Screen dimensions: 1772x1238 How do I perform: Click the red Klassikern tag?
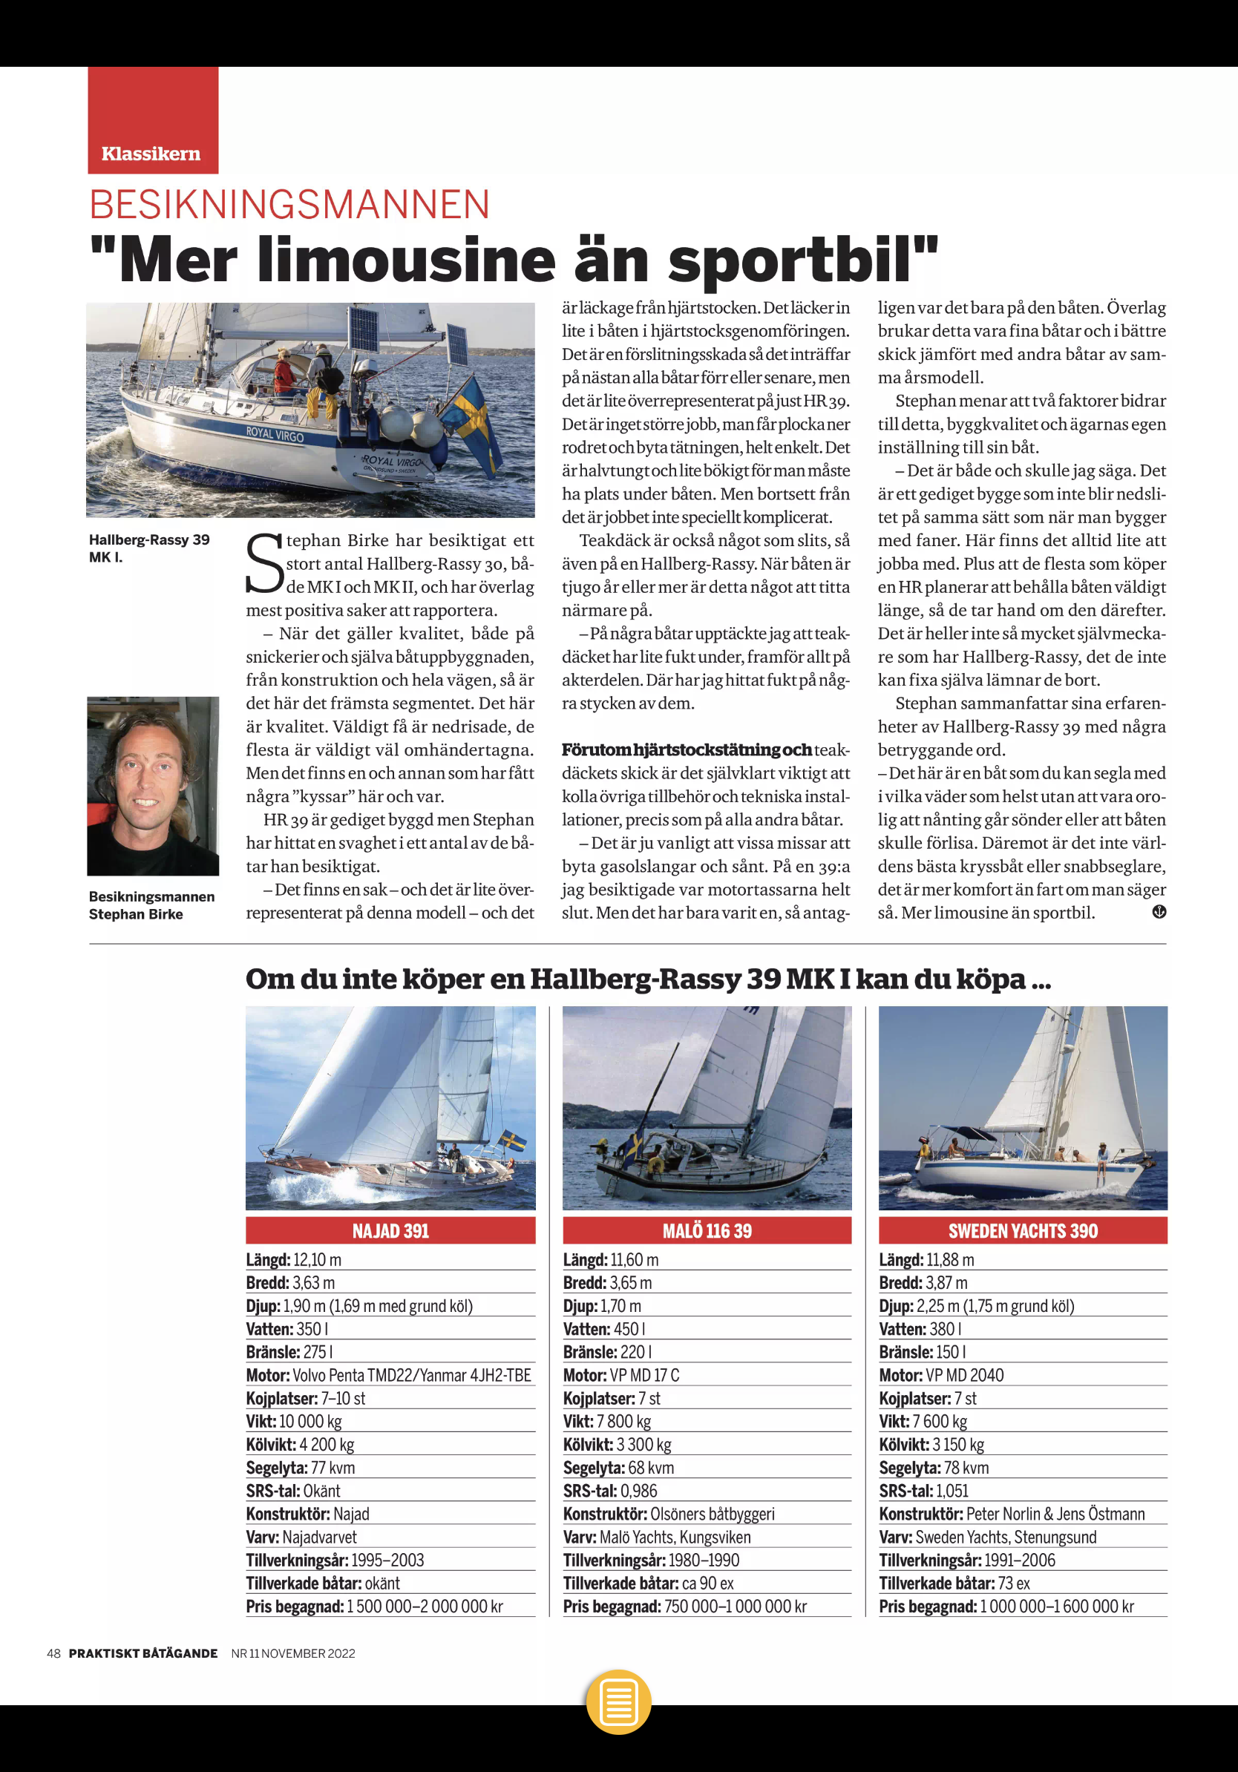(152, 121)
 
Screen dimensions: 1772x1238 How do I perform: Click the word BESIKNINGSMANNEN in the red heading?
(289, 206)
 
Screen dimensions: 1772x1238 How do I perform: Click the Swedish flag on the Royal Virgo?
(471, 421)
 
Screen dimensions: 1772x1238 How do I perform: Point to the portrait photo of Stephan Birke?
(153, 786)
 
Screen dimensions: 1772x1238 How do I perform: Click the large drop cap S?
(265, 564)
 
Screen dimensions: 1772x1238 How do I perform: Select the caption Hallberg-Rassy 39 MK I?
(149, 548)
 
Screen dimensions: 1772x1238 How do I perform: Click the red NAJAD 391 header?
(390, 1230)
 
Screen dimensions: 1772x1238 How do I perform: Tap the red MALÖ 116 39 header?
(707, 1230)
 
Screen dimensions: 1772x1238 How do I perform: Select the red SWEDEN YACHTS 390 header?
(1023, 1230)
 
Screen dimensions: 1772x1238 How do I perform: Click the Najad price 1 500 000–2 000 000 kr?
(425, 1607)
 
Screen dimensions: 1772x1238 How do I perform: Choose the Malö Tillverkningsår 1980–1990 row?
(651, 1561)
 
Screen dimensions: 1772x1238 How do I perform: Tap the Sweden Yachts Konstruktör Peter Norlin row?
(1011, 1515)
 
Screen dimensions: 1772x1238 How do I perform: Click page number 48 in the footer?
(53, 1653)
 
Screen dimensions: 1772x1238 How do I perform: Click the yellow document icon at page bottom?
(618, 1701)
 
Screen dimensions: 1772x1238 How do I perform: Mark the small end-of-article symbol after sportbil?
(1159, 912)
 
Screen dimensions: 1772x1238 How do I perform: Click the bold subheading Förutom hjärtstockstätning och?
(686, 750)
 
